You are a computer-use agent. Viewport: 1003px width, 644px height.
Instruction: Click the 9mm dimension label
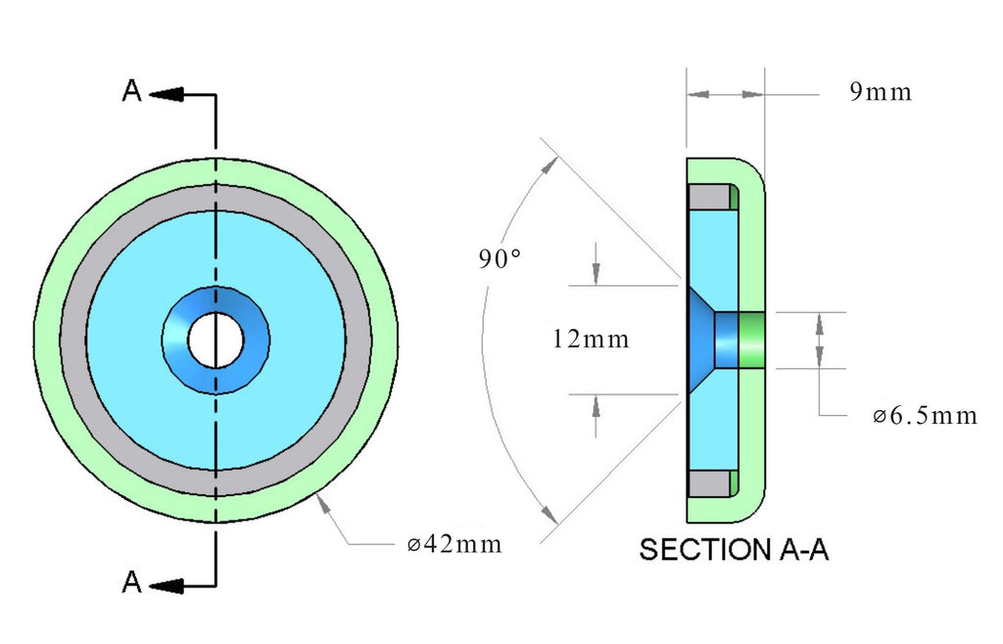[881, 92]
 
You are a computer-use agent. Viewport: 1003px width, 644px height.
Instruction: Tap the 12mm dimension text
[591, 339]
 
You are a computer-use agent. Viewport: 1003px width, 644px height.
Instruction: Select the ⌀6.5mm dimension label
[925, 416]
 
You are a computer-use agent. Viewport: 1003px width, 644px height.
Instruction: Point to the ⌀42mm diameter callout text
[454, 544]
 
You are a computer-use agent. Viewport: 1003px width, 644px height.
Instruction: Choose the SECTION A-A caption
[734, 549]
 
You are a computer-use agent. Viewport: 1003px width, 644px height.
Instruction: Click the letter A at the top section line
[132, 91]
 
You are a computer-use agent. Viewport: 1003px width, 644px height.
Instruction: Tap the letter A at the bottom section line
[132, 582]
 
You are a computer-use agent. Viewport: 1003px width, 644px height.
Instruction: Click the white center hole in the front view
[215, 341]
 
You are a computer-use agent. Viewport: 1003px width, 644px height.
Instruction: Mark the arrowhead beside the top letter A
[167, 95]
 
